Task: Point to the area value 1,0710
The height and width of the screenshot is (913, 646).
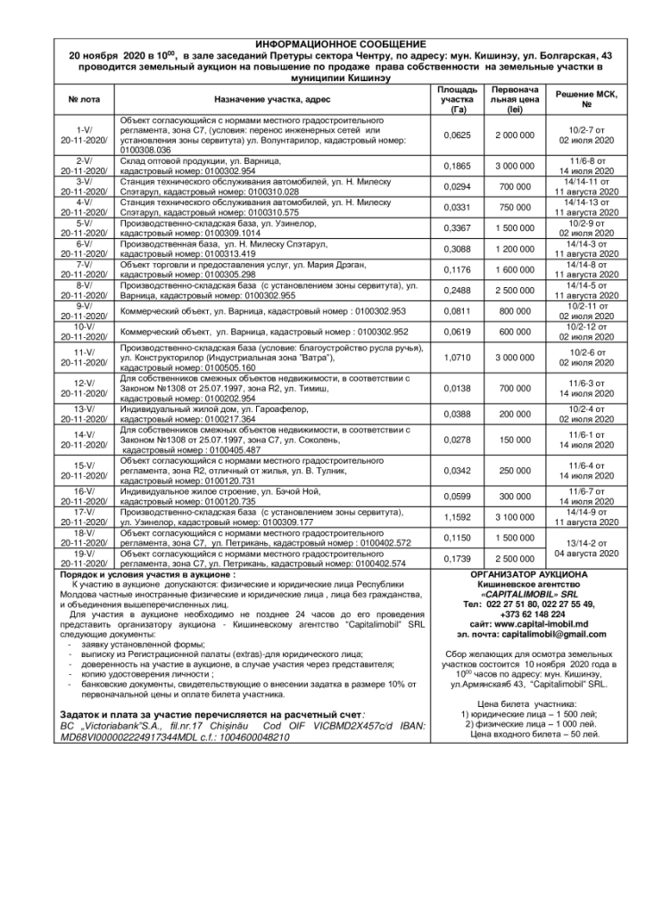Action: [455, 357]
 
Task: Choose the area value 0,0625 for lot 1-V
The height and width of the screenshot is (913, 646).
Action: [455, 135]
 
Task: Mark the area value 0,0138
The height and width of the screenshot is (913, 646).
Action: [455, 389]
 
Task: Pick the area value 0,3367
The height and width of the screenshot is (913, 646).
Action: [455, 230]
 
